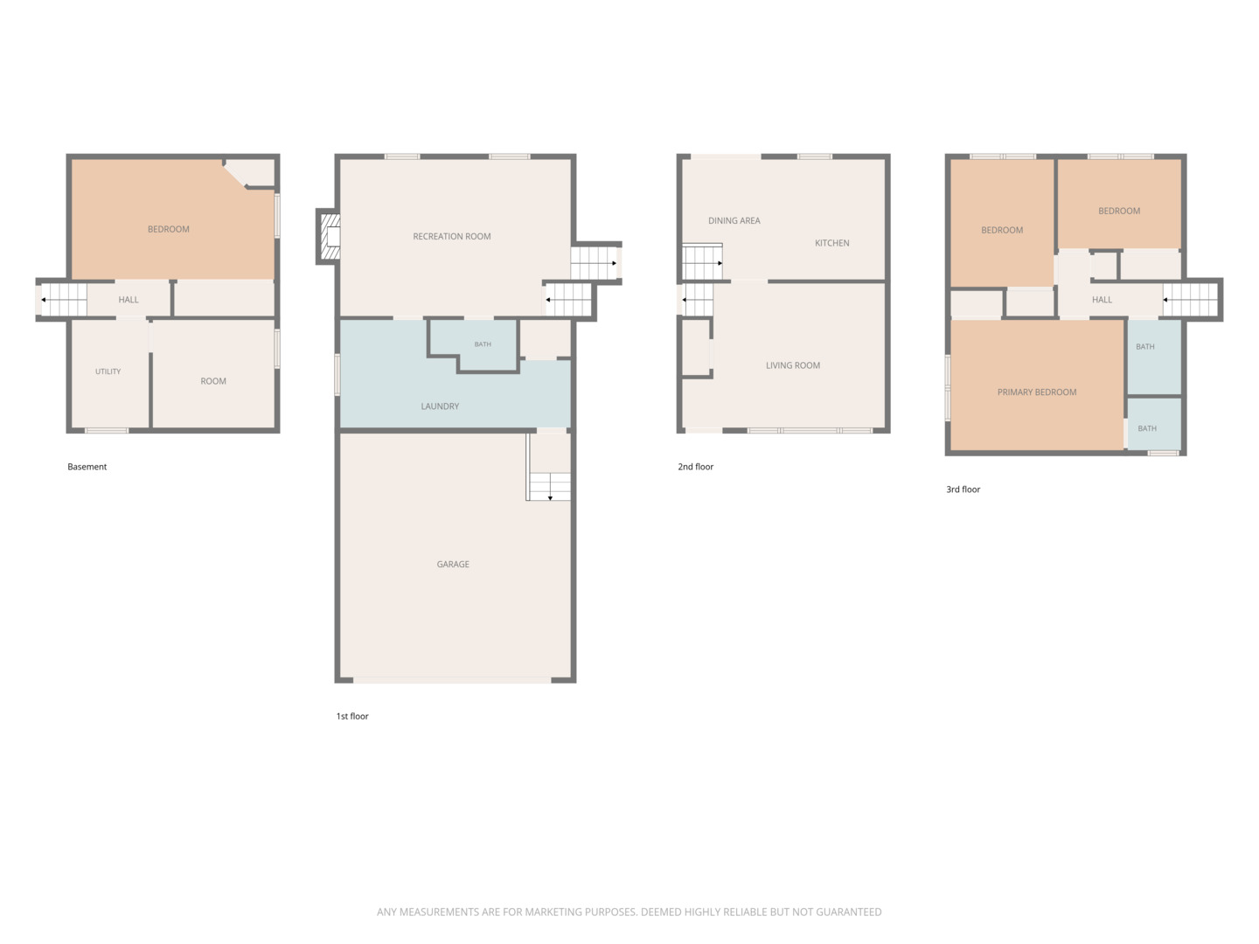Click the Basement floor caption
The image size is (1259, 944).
[x=87, y=467]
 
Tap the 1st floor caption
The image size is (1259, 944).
[x=352, y=716]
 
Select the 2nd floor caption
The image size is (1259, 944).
[x=695, y=467]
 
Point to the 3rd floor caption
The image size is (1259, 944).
[x=963, y=489]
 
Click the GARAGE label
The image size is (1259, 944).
[x=453, y=564]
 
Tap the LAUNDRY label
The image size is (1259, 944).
[x=440, y=406]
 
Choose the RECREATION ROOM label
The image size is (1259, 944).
[x=451, y=236]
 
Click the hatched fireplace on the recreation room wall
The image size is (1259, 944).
[x=330, y=236]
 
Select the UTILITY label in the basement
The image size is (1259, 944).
[x=108, y=371]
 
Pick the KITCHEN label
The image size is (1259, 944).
[x=831, y=243]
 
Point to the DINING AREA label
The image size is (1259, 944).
[x=734, y=220]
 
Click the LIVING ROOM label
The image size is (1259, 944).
[x=793, y=365]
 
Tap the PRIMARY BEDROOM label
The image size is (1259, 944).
[x=1036, y=392]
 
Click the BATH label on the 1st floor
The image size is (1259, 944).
[x=483, y=344]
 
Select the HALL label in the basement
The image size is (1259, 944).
[x=128, y=300]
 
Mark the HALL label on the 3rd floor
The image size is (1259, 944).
[x=1102, y=300]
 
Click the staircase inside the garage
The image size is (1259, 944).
[x=549, y=487]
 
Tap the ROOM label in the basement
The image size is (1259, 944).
[x=212, y=381]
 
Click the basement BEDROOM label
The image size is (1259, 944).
[x=168, y=229]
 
